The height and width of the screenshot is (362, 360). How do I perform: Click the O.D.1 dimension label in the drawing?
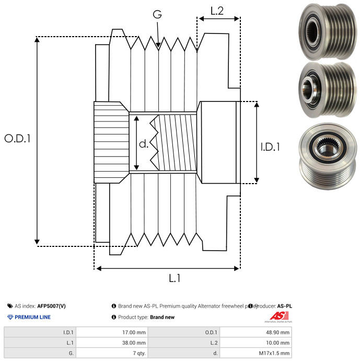click(x=18, y=139)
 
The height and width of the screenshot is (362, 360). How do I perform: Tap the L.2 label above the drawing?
click(x=217, y=11)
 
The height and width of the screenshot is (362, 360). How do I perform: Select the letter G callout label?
click(x=157, y=15)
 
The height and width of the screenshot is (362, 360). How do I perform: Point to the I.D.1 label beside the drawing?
click(x=270, y=148)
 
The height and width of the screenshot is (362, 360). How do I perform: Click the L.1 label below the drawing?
click(x=174, y=278)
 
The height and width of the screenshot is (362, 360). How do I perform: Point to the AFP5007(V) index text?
click(x=52, y=306)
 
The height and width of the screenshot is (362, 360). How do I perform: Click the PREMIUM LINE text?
click(x=32, y=317)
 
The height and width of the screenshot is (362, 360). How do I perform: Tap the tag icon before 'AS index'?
click(x=10, y=306)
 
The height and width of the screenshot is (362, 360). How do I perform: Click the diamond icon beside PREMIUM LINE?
click(x=10, y=317)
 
